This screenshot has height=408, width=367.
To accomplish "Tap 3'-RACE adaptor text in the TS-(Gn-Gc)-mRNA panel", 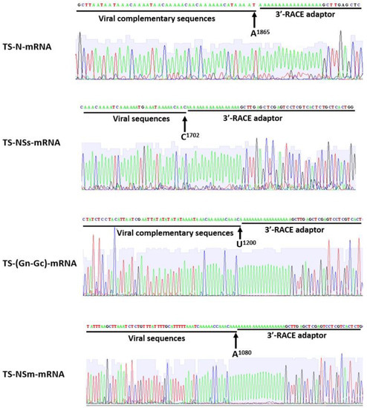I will pos(295,231).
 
